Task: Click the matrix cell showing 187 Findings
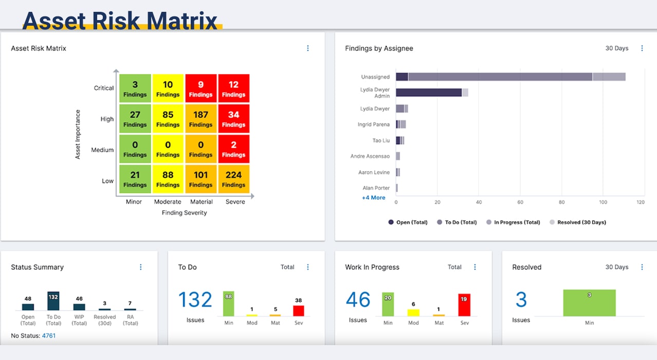[200, 119]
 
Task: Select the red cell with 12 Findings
[233, 88]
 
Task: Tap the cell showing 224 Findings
[233, 179]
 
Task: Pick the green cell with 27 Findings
[135, 119]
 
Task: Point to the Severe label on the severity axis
[235, 202]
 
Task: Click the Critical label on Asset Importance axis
[104, 88]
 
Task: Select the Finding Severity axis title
[184, 212]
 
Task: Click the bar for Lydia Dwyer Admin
[429, 93]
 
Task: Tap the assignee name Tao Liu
[381, 140]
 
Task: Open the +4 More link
[374, 197]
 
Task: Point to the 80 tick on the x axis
[562, 202]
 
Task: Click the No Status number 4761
[49, 335]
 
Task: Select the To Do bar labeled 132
[53, 301]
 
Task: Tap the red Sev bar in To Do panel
[299, 311]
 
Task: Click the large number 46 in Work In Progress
[358, 300]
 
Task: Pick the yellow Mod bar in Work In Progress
[413, 312]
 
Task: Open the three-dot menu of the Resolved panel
[642, 267]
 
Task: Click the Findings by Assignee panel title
[379, 48]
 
